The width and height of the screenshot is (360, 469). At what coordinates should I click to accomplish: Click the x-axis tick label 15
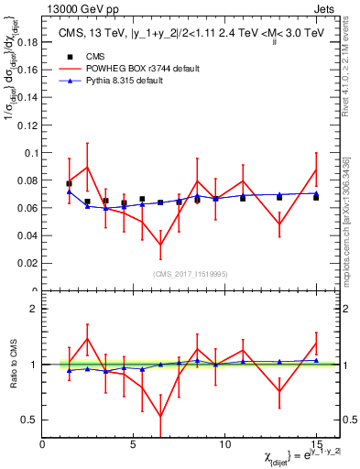315,443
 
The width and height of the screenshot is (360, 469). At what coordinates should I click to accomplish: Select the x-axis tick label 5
134,443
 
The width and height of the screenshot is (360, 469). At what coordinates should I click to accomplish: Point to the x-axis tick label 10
224,443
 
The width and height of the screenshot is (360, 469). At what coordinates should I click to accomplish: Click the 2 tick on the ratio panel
33,309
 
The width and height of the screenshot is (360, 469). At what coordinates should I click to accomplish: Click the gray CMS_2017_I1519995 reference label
190,274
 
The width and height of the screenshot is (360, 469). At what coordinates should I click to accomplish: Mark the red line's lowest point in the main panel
160,245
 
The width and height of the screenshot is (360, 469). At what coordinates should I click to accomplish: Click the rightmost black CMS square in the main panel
316,197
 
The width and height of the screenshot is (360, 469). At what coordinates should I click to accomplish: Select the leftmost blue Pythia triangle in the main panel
69,191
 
